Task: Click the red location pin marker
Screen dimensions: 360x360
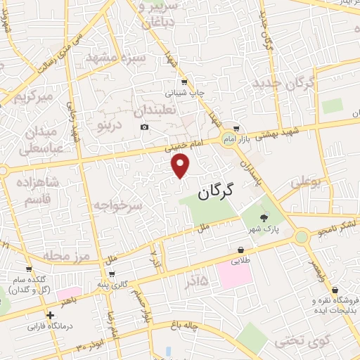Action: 181,166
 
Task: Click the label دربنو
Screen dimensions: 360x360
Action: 110,126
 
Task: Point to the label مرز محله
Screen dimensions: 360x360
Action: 63,254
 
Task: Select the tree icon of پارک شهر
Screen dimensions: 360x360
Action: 264,217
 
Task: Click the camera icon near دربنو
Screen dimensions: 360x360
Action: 144,127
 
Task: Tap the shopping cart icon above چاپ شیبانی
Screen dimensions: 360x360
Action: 184,82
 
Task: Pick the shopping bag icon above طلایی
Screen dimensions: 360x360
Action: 241,250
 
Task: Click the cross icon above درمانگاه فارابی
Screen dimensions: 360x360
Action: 49,316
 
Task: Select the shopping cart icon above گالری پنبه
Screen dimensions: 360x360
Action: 112,274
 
